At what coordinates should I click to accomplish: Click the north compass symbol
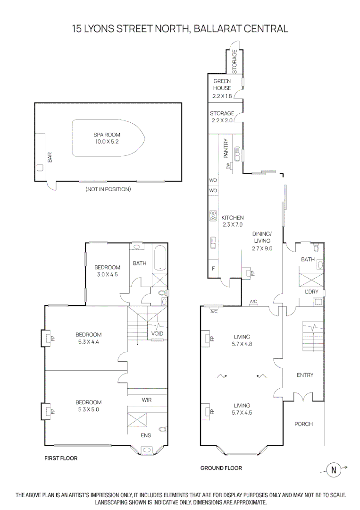(334, 470)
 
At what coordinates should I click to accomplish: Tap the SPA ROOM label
(108, 135)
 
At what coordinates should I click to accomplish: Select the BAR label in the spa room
(50, 157)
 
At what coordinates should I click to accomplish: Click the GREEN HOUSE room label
(222, 85)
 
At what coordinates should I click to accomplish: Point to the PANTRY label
(226, 148)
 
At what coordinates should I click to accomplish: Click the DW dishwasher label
(228, 166)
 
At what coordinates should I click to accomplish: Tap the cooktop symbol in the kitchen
(213, 217)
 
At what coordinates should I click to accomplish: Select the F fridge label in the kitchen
(213, 269)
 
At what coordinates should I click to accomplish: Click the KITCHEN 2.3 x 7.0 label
(232, 221)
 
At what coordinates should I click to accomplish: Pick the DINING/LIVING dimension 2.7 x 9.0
(262, 248)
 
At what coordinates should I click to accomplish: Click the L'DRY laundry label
(311, 292)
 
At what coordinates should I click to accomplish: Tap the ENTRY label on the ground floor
(305, 375)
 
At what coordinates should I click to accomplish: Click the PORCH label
(303, 424)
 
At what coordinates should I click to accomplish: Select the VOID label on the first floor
(157, 334)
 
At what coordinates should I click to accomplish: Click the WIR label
(147, 400)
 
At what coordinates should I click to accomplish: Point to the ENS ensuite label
(146, 435)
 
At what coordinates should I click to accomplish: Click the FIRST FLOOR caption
(61, 458)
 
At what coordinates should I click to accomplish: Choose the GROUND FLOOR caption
(221, 468)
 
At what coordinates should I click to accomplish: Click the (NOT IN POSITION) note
(108, 189)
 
